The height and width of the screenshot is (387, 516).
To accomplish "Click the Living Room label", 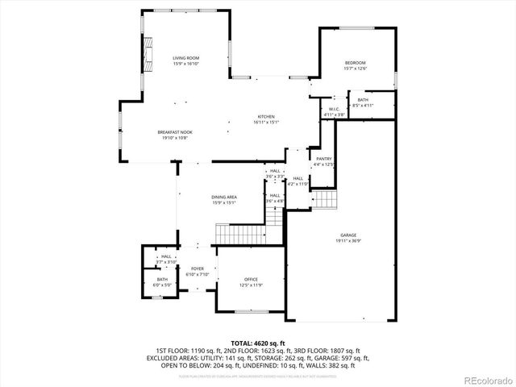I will point(185,58).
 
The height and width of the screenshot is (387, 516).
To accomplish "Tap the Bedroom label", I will point(356,63).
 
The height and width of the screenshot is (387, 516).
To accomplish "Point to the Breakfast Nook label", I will point(174,131).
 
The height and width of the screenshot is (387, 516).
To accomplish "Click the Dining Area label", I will point(224,198).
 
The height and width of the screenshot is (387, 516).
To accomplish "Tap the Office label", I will point(251,279).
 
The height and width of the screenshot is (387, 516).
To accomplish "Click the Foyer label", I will point(198,268).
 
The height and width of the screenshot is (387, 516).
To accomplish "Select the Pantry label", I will point(324,159).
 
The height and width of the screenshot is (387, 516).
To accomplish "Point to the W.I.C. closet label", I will point(334,110).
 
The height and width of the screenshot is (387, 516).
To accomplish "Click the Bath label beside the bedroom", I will point(363,100).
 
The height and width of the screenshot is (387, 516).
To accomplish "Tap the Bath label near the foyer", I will point(162,279).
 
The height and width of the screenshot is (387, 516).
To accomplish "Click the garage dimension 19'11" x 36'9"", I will point(348,240).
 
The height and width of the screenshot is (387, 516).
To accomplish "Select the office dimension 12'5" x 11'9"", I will point(251,285).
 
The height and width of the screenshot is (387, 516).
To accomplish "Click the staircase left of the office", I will point(237,235).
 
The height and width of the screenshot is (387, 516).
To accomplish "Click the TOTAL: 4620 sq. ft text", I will point(257,343).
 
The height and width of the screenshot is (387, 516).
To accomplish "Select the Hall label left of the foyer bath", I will point(165,256).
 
